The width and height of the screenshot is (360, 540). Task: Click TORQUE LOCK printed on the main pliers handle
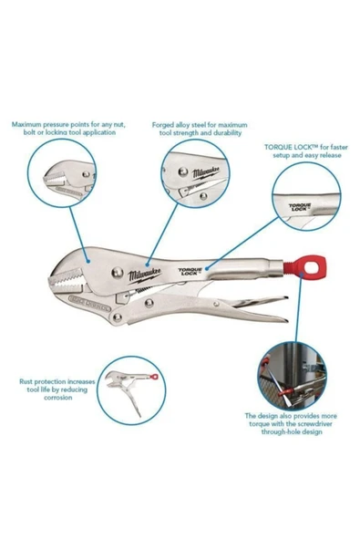point(191,272)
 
